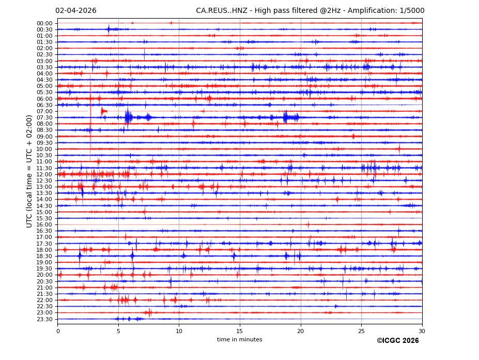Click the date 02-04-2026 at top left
[75, 11]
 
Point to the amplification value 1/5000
[412, 11]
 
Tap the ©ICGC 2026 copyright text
[397, 341]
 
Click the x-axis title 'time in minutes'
[239, 340]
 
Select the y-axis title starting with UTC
[29, 171]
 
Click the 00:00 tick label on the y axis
[44, 23]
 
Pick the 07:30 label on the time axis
[44, 117]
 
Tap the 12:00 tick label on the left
[44, 174]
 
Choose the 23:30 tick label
[44, 319]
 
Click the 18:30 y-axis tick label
[44, 256]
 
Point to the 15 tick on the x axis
[240, 331]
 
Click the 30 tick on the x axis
[422, 331]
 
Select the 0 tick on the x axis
[58, 331]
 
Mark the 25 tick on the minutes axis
[361, 331]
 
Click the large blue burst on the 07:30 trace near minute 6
[128, 117]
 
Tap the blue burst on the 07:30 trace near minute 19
[290, 117]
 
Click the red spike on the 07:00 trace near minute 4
[103, 111]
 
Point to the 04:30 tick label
[44, 80]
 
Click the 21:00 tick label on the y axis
[44, 288]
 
